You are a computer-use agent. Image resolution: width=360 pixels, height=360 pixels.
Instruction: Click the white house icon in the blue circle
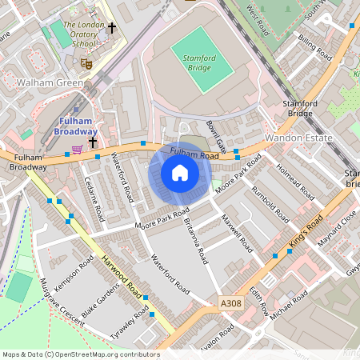(x=180, y=173)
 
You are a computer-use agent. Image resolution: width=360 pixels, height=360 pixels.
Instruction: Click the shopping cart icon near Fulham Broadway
(x=77, y=149)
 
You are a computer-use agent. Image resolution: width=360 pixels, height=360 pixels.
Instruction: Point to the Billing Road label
(x=314, y=47)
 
